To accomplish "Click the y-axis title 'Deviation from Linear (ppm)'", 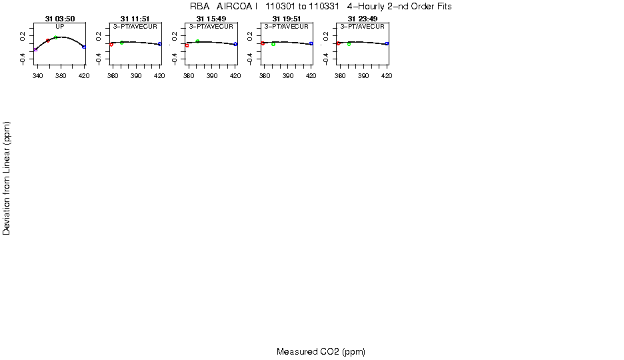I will pyautogui.click(x=7, y=178).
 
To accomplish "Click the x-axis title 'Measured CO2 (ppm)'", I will pyautogui.click(x=321, y=351).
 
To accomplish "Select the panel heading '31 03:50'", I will pyautogui.click(x=59, y=19).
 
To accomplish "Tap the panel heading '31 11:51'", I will pyautogui.click(x=135, y=19).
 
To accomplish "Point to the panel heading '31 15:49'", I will pyautogui.click(x=211, y=19).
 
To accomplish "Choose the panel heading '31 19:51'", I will pyautogui.click(x=287, y=19).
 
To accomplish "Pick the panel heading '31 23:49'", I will pyautogui.click(x=362, y=19).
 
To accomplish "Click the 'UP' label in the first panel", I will pyautogui.click(x=59, y=26).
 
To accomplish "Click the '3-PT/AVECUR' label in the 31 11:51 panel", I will pyautogui.click(x=135, y=26).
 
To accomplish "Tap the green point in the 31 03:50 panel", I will pyautogui.click(x=55, y=37).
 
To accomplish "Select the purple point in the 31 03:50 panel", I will pyautogui.click(x=35, y=49).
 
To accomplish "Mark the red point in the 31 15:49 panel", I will pyautogui.click(x=187, y=45).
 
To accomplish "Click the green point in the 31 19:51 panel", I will pyautogui.click(x=273, y=44).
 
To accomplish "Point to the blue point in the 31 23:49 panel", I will pyautogui.click(x=387, y=43).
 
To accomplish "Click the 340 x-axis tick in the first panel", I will pyautogui.click(x=37, y=76).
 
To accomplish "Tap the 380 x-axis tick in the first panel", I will pyautogui.click(x=61, y=76).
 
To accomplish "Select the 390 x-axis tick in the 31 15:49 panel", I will pyautogui.click(x=213, y=76).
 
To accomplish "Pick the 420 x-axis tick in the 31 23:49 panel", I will pyautogui.click(x=387, y=76).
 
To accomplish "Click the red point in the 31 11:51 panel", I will pyautogui.click(x=111, y=45).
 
